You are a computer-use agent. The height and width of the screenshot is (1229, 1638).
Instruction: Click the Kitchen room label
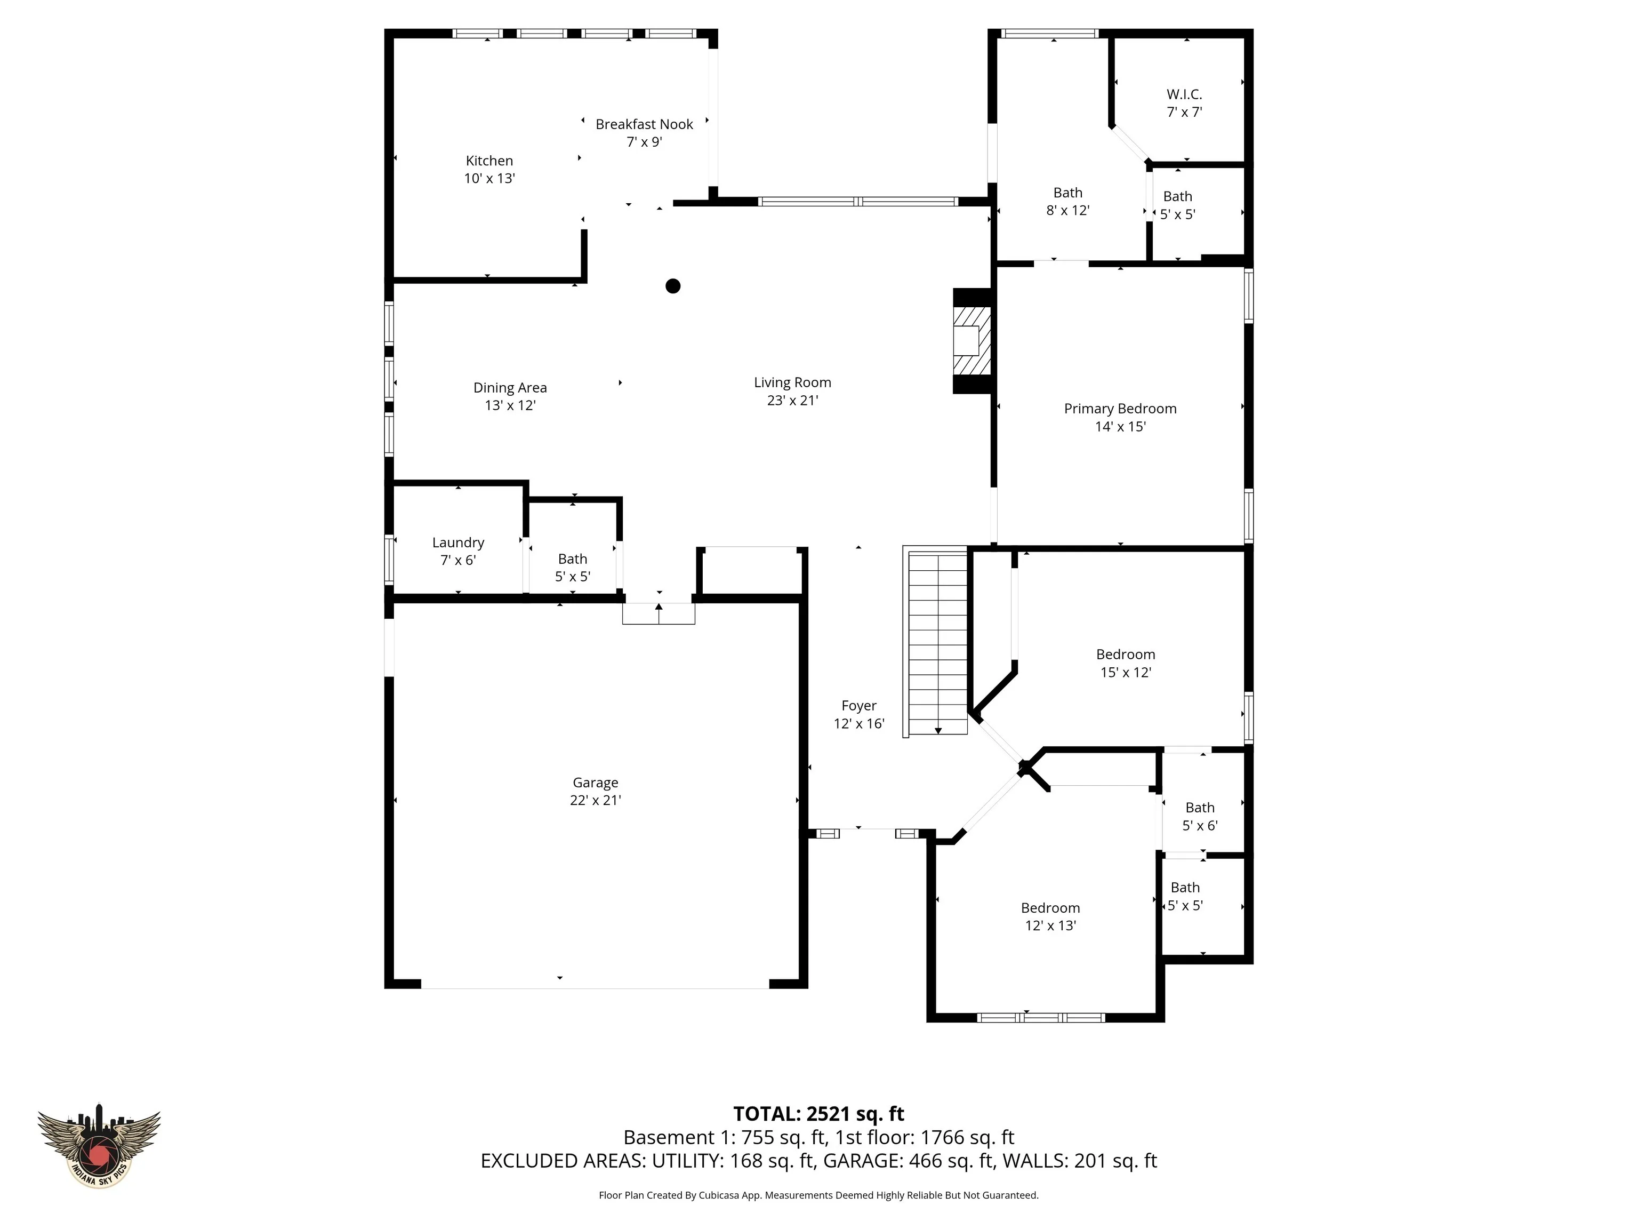pyautogui.click(x=489, y=161)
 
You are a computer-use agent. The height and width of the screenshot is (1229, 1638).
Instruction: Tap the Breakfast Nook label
pyautogui.click(x=644, y=124)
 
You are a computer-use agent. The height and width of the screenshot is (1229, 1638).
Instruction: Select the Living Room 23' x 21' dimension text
pyautogui.click(x=792, y=401)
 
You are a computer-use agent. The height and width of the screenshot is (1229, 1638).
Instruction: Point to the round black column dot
pyautogui.click(x=672, y=286)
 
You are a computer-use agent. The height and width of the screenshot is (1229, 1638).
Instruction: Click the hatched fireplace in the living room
pyautogui.click(x=971, y=341)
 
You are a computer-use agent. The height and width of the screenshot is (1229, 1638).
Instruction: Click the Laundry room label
pyautogui.click(x=459, y=543)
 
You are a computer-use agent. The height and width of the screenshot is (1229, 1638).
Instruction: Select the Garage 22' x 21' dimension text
pyautogui.click(x=596, y=800)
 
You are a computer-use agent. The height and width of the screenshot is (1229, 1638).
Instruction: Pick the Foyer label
pyautogui.click(x=859, y=706)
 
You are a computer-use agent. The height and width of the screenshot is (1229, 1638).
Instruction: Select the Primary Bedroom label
pyautogui.click(x=1120, y=409)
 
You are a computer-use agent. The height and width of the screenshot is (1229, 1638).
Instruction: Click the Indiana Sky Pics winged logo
pyautogui.click(x=99, y=1145)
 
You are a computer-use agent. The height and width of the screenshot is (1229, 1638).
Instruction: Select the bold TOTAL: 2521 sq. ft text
pyautogui.click(x=818, y=1114)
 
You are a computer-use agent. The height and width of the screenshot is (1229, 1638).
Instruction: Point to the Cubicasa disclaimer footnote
pyautogui.click(x=818, y=1195)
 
